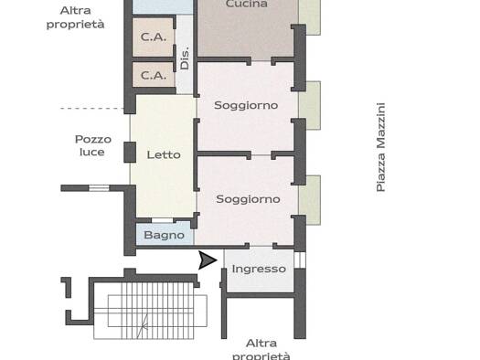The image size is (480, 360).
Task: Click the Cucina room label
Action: point(247,4)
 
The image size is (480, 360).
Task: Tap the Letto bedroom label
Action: point(164,154)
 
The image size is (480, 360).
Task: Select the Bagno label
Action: point(164,235)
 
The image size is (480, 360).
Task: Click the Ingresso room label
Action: point(259,270)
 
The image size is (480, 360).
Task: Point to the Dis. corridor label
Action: point(185,58)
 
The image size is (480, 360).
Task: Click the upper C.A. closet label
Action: point(154,37)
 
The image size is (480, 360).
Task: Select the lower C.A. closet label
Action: point(154,75)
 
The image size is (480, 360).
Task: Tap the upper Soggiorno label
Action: point(246,105)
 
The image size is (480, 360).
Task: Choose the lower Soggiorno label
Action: point(249,199)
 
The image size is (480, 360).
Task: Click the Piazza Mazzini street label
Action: point(380,147)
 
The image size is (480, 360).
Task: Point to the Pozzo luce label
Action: point(93,145)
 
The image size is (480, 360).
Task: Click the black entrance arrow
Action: point(208,260)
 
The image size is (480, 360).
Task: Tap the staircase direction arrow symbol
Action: point(144,326)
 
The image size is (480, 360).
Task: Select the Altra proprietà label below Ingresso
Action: point(261,350)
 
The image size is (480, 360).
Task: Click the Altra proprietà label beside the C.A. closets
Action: point(75,17)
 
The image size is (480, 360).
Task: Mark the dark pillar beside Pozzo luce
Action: point(130,152)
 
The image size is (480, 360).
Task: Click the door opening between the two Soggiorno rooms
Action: point(261,155)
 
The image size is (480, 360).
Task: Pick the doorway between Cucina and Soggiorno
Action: point(261,61)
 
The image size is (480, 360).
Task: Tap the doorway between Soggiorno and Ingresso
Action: point(261,246)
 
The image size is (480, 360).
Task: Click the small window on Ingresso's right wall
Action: point(300,259)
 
